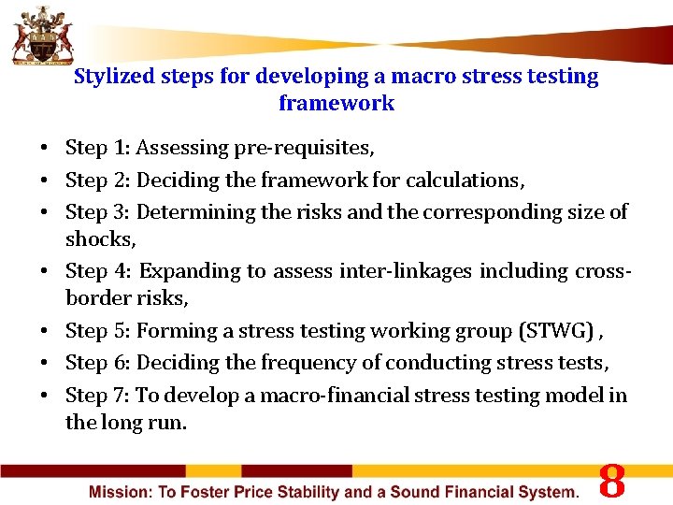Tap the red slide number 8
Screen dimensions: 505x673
(611, 481)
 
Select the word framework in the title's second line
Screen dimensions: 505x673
(336, 104)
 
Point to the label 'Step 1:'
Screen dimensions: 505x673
(98, 148)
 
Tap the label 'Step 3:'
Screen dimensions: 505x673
(98, 212)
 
